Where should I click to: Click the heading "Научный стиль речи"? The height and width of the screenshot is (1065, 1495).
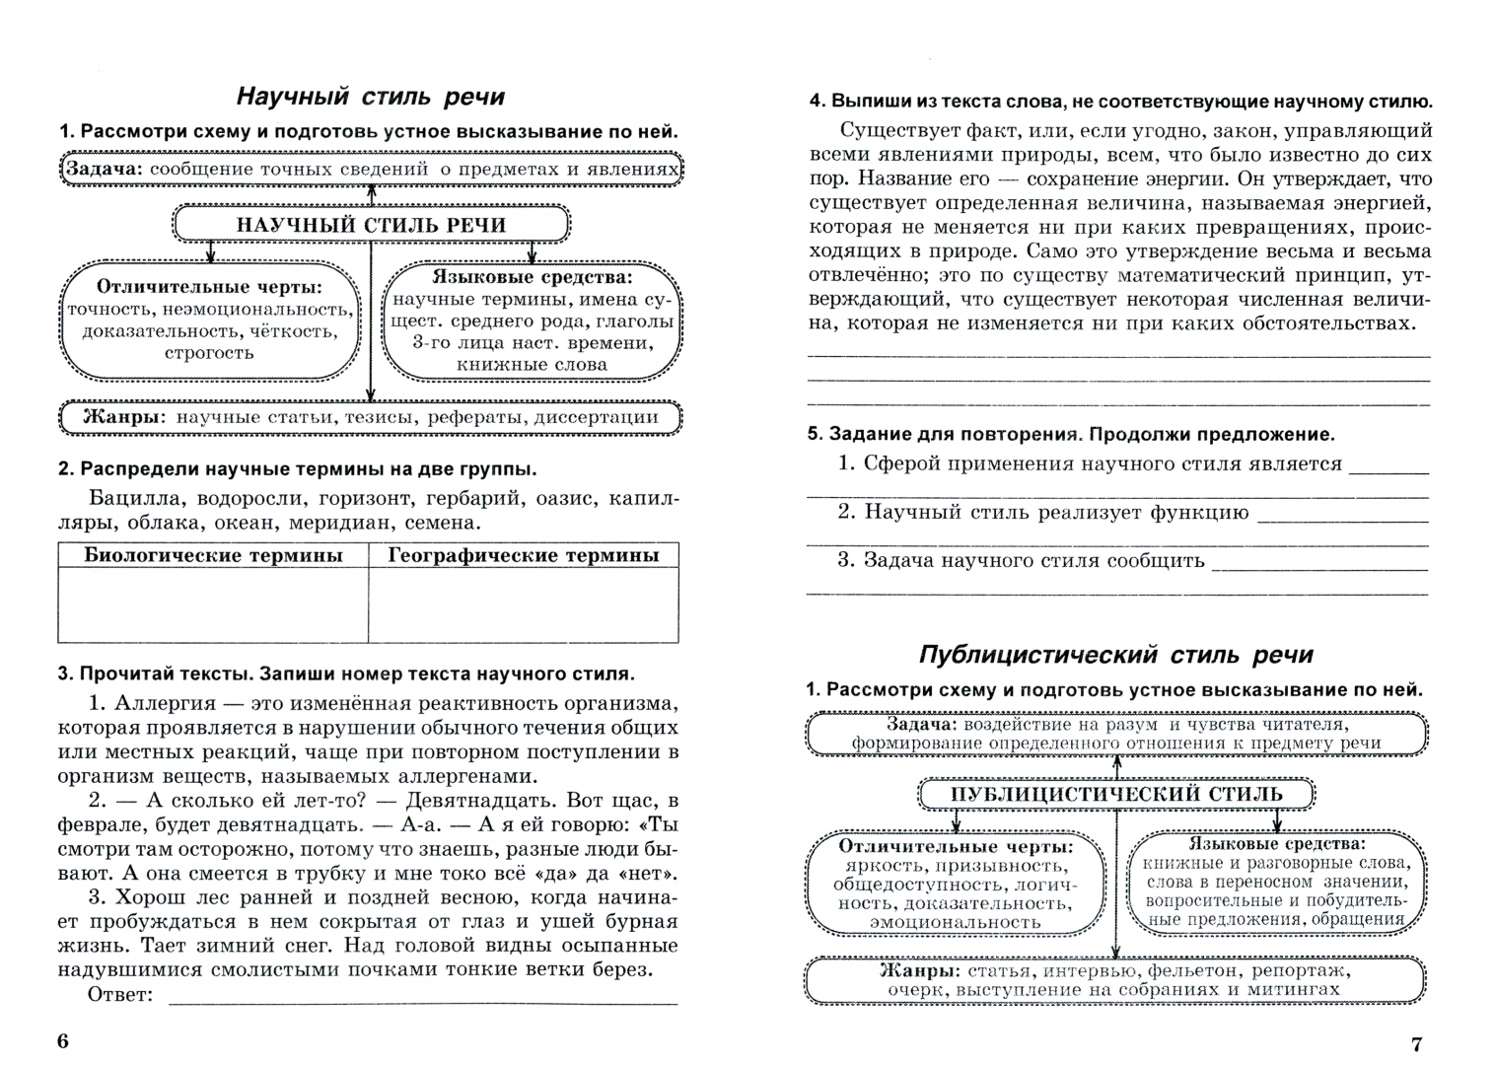click(370, 97)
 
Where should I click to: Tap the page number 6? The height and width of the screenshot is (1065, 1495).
click(63, 1042)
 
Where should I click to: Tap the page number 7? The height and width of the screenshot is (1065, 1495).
click(1417, 1044)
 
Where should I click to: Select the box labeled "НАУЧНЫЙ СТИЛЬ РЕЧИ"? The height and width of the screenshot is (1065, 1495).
click(371, 225)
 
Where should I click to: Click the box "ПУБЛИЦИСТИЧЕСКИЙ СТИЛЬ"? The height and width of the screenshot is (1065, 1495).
click(1115, 795)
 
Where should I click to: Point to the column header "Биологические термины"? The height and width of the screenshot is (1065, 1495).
click(213, 555)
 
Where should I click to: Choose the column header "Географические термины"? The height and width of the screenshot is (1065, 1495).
click(523, 555)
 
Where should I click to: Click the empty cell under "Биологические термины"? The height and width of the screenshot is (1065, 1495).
click(213, 605)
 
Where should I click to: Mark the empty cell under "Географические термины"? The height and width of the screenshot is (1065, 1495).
click(523, 605)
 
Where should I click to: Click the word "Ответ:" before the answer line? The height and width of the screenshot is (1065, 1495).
click(120, 993)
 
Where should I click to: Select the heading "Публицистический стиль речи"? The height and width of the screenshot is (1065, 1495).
click(1116, 656)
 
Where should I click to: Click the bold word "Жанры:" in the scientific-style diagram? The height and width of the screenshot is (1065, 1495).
click(121, 417)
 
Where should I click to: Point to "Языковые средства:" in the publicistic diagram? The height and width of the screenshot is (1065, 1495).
click(1277, 844)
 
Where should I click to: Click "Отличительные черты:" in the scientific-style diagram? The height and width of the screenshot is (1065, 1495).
click(209, 287)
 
